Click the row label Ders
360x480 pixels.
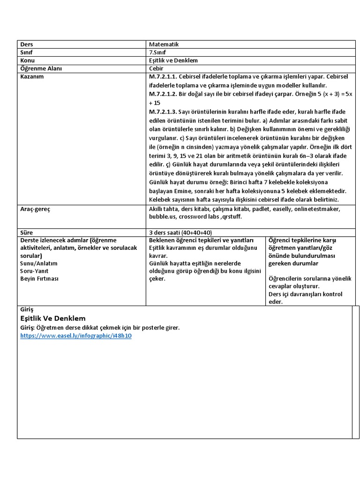[27, 44]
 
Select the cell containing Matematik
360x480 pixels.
[164, 44]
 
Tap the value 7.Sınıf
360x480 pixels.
[158, 52]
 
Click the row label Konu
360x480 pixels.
[28, 60]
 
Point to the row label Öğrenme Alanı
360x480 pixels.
[41, 68]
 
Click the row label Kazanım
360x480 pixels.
[32, 76]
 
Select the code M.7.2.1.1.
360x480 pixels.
[163, 76]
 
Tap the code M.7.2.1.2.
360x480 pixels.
[163, 94]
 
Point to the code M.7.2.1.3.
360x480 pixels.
[163, 112]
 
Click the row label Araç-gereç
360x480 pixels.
[35, 209]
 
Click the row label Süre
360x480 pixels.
[27, 232]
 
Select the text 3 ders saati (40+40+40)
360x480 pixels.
[180, 232]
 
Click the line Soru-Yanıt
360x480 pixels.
[34, 271]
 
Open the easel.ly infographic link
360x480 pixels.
[75, 336]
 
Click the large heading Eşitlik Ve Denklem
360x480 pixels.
[53, 318]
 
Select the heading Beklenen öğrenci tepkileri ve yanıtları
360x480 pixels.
[201, 240]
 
